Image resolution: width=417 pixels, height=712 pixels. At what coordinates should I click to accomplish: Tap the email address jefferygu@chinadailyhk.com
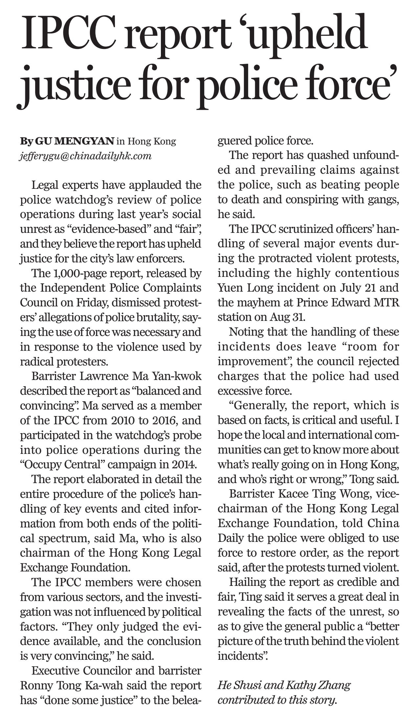click(86, 156)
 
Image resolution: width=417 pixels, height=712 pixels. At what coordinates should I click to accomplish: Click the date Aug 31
click(287, 317)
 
